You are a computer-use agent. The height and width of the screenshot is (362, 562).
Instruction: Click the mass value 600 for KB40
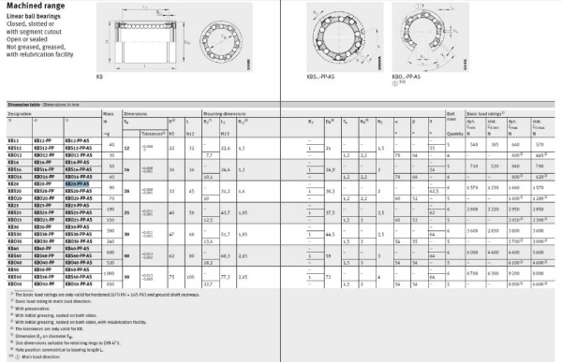coord(111,253)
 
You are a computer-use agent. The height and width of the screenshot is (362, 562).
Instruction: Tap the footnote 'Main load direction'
coord(37,356)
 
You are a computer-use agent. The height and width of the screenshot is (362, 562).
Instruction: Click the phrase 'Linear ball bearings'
coord(27,19)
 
